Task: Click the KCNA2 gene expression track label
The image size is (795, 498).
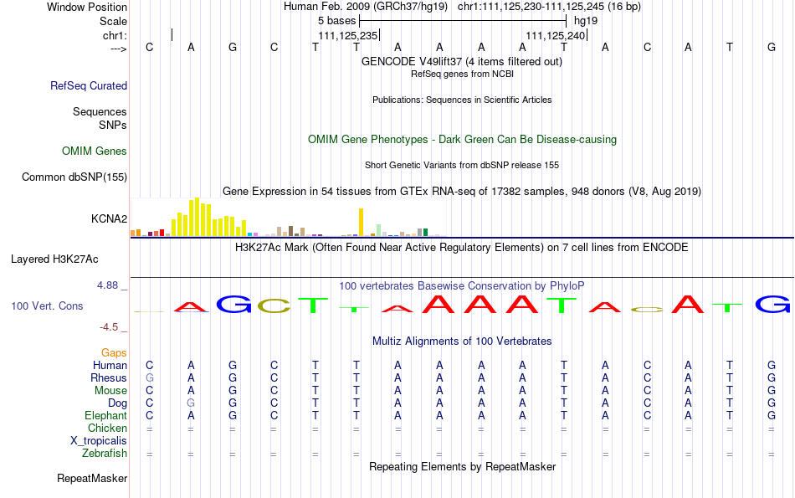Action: (x=109, y=218)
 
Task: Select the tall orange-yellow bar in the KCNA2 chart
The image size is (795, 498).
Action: (x=361, y=222)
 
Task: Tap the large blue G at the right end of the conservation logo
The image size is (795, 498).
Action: (x=772, y=305)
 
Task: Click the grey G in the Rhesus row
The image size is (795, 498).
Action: (x=150, y=377)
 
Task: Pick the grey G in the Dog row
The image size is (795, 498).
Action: (x=191, y=403)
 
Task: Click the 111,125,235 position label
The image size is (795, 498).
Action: (x=348, y=35)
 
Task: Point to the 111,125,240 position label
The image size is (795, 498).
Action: (x=556, y=35)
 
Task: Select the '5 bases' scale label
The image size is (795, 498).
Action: (x=336, y=21)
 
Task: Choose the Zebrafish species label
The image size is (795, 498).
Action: (x=105, y=453)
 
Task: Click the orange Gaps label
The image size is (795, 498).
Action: (x=114, y=352)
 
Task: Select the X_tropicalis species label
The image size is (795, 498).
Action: (x=99, y=441)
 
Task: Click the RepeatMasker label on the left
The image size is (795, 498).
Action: (x=92, y=478)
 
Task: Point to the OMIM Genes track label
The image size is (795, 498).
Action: (x=95, y=151)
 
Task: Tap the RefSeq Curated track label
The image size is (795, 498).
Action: (x=89, y=85)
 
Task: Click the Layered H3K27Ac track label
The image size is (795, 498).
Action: (x=54, y=259)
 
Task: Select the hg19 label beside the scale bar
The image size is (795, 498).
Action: (x=586, y=21)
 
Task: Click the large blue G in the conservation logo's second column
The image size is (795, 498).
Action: (x=233, y=305)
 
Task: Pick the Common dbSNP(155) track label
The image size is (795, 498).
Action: (x=74, y=177)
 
